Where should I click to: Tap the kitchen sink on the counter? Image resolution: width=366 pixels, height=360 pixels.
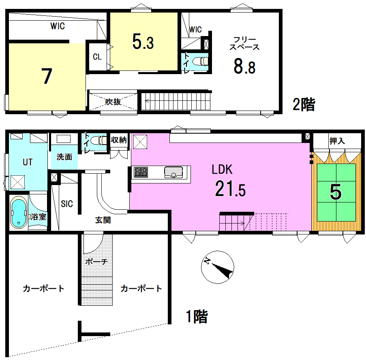[x=173, y=172]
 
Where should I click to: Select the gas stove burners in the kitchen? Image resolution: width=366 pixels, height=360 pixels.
[x=141, y=172]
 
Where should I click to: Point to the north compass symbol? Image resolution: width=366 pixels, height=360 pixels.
[x=218, y=267]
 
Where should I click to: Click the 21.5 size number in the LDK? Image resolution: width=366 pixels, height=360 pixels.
[x=230, y=189]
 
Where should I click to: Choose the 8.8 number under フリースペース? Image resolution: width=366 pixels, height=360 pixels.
[x=244, y=66]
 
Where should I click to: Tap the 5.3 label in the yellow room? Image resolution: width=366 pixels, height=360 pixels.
[x=143, y=42]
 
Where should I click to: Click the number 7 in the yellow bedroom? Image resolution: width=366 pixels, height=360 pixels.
[x=47, y=76]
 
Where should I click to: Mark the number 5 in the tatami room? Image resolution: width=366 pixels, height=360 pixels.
[x=336, y=192]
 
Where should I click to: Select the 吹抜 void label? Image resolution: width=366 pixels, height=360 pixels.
[x=113, y=102]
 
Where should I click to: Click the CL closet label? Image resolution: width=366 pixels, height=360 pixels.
[x=97, y=57]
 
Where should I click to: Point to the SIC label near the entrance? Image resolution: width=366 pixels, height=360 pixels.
[x=67, y=204]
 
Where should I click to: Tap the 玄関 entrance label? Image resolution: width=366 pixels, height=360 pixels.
[x=103, y=220]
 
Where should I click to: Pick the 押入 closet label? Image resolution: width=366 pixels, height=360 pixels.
[x=337, y=141]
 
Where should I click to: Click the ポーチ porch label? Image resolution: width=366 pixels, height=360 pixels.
[x=96, y=261]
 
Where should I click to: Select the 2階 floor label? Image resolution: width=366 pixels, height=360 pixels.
[x=304, y=104]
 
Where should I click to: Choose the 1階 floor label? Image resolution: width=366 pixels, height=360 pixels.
[x=197, y=316]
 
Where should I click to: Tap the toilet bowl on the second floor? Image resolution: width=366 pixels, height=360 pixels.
[x=200, y=61]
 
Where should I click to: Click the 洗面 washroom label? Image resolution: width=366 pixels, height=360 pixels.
[x=64, y=157]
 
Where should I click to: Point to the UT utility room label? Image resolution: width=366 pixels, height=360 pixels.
[x=28, y=162]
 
